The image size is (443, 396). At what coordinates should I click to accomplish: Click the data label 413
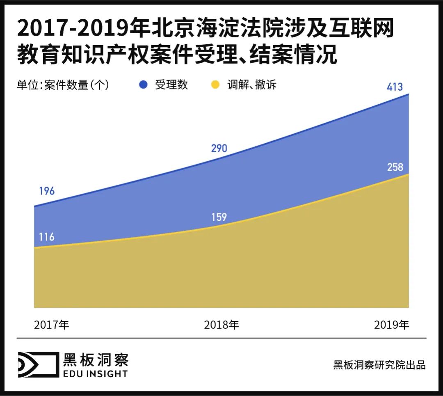395,87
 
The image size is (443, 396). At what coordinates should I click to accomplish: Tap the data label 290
219,148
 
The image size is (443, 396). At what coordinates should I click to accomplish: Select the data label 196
47,191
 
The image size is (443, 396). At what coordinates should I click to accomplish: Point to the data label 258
395,167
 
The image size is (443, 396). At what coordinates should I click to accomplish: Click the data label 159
219,217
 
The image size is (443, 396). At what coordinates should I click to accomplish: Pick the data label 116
47,237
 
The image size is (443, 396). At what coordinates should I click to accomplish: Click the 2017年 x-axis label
51,325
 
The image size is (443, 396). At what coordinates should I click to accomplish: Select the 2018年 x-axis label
221,325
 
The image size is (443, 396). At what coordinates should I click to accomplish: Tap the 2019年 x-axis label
391,325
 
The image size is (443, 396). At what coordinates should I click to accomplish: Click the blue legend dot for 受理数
143,85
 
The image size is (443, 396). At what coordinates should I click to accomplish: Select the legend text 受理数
171,85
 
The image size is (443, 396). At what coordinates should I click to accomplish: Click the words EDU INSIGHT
95,374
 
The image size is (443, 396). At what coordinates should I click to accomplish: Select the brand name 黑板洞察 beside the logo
95,359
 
